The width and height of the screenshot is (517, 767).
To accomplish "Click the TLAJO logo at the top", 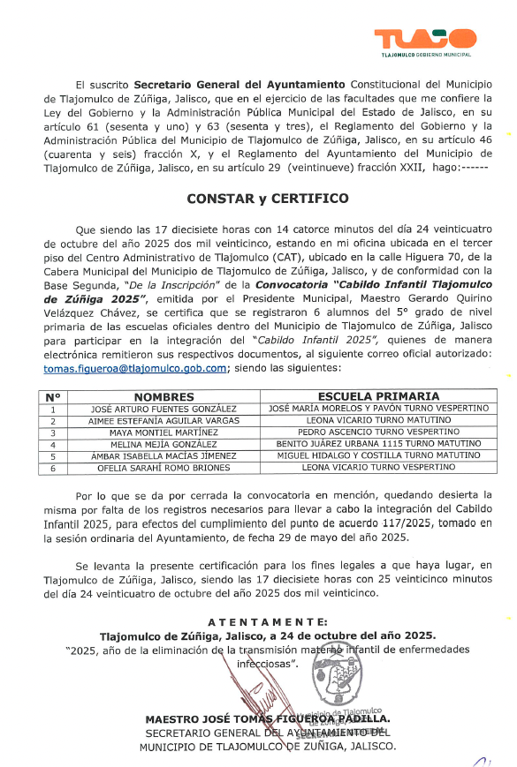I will coord(425,41).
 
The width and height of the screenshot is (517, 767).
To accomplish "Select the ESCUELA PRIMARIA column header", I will coord(378,397).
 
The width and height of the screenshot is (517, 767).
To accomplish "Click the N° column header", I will coord(53,397).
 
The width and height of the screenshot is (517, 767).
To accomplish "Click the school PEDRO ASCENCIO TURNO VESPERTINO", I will coord(378,433).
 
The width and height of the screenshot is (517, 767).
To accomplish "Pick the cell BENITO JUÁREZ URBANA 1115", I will coord(378,445).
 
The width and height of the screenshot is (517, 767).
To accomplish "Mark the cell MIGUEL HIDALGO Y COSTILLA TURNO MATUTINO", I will coord(378,456).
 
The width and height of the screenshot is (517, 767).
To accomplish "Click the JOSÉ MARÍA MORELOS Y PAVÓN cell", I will coord(378,410).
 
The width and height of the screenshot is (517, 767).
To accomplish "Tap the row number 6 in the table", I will coord(53,468).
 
